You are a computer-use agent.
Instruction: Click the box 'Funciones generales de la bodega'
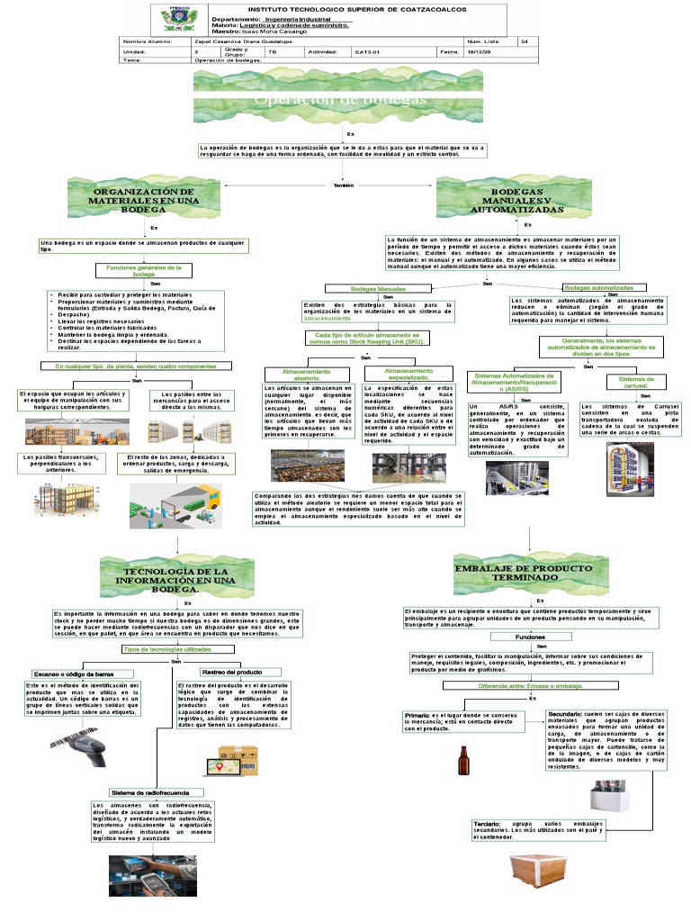(x=144, y=270)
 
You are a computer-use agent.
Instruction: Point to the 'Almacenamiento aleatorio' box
(x=306, y=374)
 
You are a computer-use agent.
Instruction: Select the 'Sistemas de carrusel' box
(x=638, y=382)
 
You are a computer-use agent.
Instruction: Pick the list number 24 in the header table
(x=525, y=41)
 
